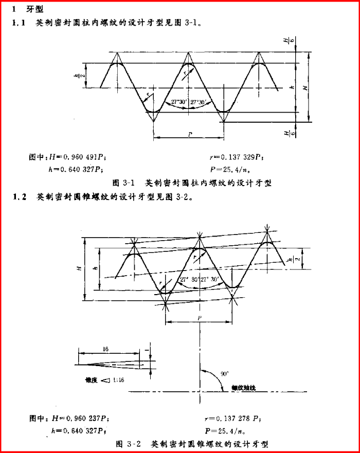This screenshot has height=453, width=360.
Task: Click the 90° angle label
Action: coord(224,374)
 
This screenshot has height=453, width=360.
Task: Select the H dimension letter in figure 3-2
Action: coord(78,268)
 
